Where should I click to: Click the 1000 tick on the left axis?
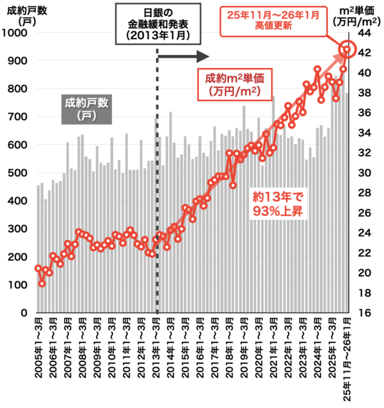click(15, 33)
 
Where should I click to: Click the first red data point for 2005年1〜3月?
click(38, 268)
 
